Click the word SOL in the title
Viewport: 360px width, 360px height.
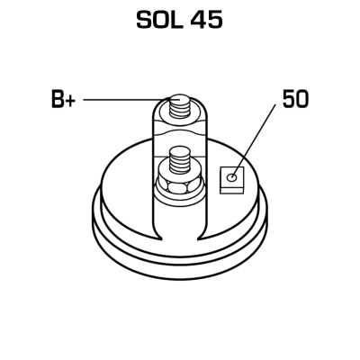coord(160,20)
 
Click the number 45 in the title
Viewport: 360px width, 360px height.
coord(207,20)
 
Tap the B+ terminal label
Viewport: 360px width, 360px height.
coord(63,99)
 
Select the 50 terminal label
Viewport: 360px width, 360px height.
coord(295,99)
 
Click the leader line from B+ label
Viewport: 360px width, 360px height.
coord(125,100)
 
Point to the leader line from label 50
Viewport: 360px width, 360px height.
coord(254,140)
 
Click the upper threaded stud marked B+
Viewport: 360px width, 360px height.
coord(179,105)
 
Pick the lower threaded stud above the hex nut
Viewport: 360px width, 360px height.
coord(179,160)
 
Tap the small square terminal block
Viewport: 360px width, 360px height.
coord(232,180)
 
